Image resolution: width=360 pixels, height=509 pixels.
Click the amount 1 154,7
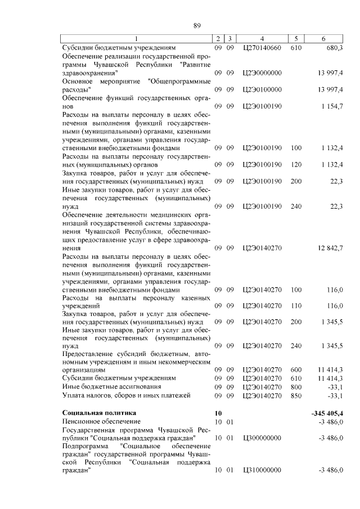tap(331, 106)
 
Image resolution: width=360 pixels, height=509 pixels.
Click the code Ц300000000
tap(262, 438)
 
